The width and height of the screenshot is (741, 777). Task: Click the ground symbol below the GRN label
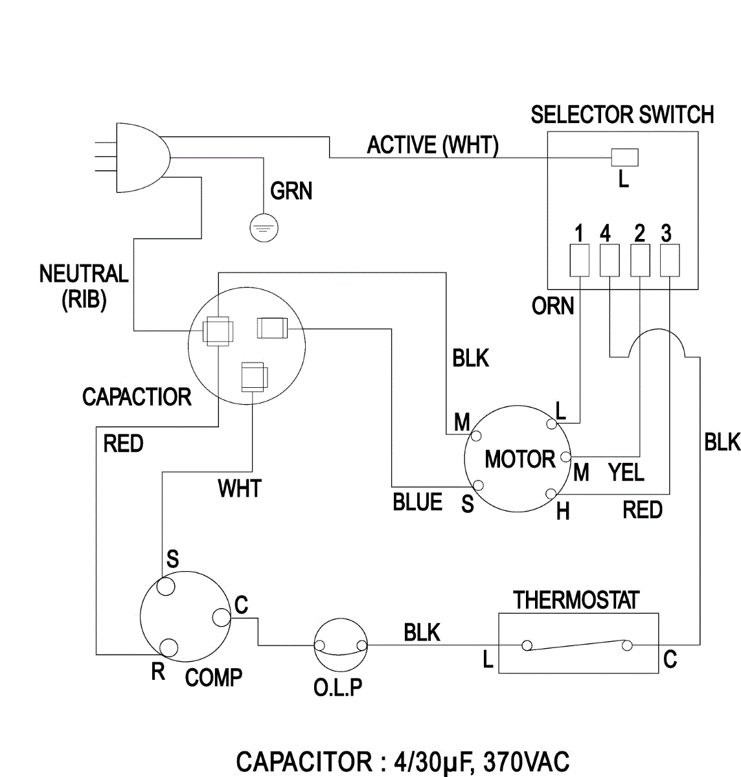coord(264,228)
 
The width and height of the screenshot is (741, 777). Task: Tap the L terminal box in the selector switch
coord(625,157)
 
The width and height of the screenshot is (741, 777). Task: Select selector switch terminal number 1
coord(579,260)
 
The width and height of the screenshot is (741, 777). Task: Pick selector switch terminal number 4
coord(610,260)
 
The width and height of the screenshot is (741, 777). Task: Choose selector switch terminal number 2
coord(640,260)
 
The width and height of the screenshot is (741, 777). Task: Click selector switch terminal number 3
coord(670,260)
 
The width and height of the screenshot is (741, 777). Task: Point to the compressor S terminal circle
coord(166,587)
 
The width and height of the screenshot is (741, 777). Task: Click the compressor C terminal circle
coord(221,617)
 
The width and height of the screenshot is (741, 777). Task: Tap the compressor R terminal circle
coord(169,647)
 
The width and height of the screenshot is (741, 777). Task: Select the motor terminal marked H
coord(551,493)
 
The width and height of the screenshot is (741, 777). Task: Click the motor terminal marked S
coord(478,485)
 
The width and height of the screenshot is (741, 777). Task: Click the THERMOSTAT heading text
coord(576,600)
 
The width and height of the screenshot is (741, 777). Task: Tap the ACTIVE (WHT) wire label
coord(433,145)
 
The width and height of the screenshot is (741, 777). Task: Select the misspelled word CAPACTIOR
coord(137,397)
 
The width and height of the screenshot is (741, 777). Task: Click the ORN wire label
coord(553,306)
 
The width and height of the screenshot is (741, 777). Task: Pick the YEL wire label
coord(626,472)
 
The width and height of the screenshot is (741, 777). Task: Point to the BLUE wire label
coord(418,502)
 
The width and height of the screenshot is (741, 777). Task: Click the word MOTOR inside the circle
coord(520,459)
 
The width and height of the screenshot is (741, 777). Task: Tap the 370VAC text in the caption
coord(527,761)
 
